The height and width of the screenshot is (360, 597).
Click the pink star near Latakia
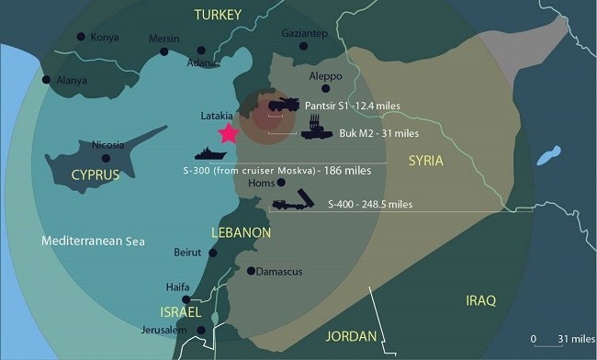click(226, 133)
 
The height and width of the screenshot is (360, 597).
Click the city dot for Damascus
click(252, 270)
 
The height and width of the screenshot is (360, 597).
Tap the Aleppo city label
click(324, 75)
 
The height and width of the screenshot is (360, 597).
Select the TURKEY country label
click(218, 15)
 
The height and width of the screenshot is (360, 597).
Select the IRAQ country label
click(480, 300)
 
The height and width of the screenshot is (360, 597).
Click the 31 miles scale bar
click(542, 343)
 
